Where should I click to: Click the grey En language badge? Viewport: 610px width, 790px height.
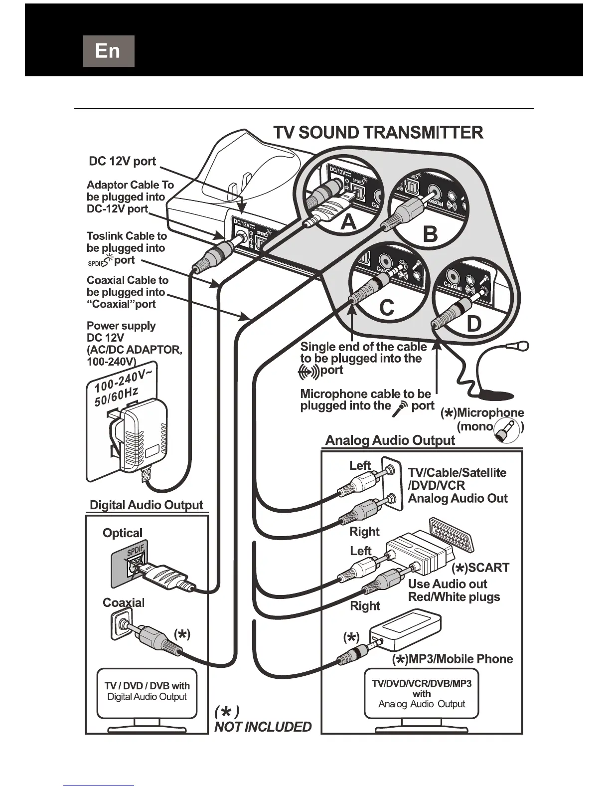(x=109, y=51)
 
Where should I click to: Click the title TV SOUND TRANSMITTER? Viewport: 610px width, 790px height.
(x=378, y=133)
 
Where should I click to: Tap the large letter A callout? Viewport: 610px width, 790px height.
(x=348, y=223)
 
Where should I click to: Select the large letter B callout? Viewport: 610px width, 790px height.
(x=430, y=233)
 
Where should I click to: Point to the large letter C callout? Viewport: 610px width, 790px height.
(x=386, y=308)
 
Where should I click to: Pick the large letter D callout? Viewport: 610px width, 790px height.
(x=473, y=324)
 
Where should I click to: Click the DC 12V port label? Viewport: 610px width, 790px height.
(x=122, y=161)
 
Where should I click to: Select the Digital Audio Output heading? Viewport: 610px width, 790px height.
(x=146, y=505)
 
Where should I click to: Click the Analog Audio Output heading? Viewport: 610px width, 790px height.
(x=390, y=440)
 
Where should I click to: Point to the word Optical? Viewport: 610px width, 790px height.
(x=123, y=533)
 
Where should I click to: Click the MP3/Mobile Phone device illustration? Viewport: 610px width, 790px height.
(x=406, y=630)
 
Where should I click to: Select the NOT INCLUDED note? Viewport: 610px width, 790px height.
(x=263, y=727)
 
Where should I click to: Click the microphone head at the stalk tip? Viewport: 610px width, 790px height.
(x=522, y=345)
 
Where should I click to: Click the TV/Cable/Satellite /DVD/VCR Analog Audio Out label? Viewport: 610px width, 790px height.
(x=457, y=485)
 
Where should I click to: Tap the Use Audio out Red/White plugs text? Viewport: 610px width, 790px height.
(x=454, y=590)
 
